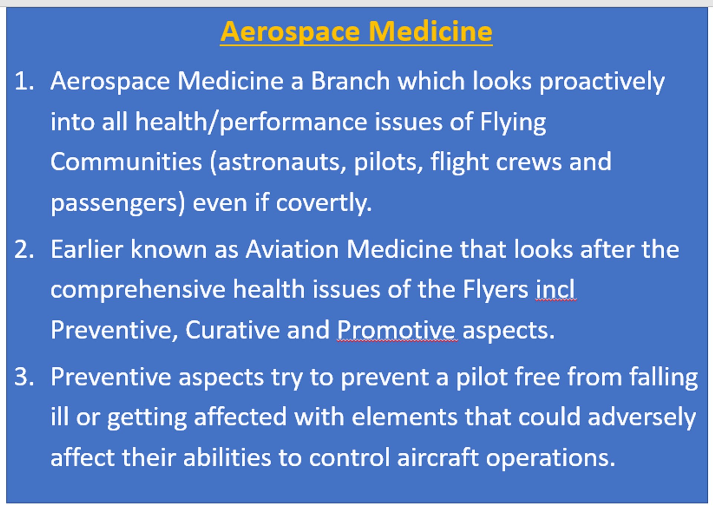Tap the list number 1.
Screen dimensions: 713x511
coord(24,81)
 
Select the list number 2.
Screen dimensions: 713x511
coord(24,249)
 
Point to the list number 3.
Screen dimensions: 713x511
coord(24,377)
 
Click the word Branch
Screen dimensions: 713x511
coord(350,81)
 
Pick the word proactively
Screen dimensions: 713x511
coord(602,82)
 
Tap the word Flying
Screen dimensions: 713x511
coord(513,123)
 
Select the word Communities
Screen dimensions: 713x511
coord(126,162)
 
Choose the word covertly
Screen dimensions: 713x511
coord(323,204)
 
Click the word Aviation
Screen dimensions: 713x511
coord(292,249)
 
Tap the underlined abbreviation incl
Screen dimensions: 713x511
coord(555,289)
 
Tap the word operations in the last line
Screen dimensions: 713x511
coord(551,459)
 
